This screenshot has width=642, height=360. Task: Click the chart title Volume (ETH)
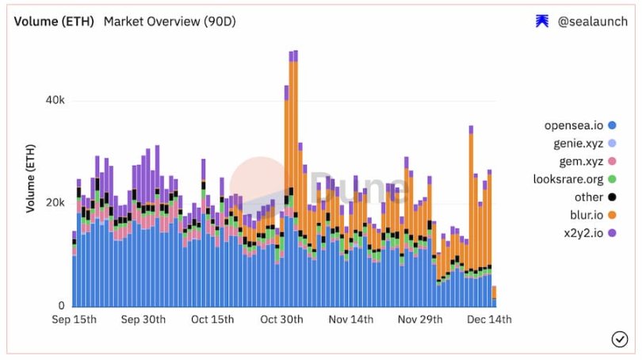tap(54, 21)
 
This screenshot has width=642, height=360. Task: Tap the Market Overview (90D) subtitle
tap(170, 21)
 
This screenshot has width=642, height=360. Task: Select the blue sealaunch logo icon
tap(542, 21)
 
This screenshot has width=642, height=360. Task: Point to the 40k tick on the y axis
tap(54, 101)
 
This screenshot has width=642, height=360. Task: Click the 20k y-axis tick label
tap(54, 203)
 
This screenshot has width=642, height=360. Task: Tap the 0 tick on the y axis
tap(61, 305)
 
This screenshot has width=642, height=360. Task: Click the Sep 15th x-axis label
tap(75, 320)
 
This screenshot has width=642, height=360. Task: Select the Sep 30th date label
tap(143, 320)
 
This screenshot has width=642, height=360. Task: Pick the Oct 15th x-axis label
tap(212, 320)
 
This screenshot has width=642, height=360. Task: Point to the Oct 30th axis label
tap(281, 320)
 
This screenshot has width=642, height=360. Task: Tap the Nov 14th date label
tap(350, 320)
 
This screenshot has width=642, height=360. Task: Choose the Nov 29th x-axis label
tap(419, 320)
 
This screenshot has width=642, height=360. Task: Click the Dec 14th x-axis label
tap(488, 320)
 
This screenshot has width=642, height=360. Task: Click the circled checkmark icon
tap(619, 339)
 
